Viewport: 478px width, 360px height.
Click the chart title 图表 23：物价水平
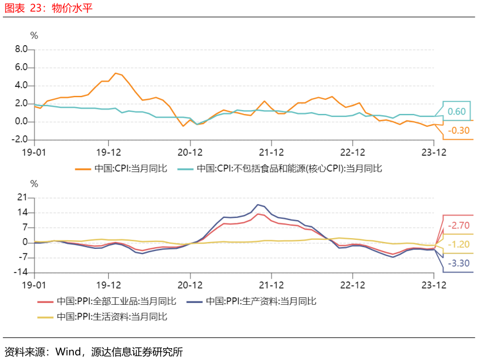point(48,8)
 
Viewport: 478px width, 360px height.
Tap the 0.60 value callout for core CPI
point(457,111)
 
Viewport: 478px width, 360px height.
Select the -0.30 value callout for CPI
point(458,130)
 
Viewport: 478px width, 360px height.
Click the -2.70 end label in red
point(458,226)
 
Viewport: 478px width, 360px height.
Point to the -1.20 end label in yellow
point(458,244)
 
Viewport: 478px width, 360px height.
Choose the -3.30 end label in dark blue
point(458,263)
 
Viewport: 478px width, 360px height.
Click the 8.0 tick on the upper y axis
point(21,49)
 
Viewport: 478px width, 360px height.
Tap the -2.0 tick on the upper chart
point(20,139)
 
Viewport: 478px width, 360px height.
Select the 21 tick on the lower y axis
point(22,197)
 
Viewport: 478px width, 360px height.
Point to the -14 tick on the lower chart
point(20,272)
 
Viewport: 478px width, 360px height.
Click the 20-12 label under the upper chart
point(190,152)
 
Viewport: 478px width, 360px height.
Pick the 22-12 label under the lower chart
point(352,285)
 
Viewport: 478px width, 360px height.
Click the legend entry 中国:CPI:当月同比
point(121,169)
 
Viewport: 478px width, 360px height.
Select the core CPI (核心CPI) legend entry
point(280,169)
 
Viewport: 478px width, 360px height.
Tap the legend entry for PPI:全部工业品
point(107,301)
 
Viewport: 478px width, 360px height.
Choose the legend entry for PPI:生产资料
point(252,301)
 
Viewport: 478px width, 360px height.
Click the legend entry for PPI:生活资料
point(102,317)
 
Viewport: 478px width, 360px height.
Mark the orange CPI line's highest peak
point(116,73)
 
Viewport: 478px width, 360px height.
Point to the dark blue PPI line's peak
point(258,204)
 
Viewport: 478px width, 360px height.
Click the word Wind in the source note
point(68,352)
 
